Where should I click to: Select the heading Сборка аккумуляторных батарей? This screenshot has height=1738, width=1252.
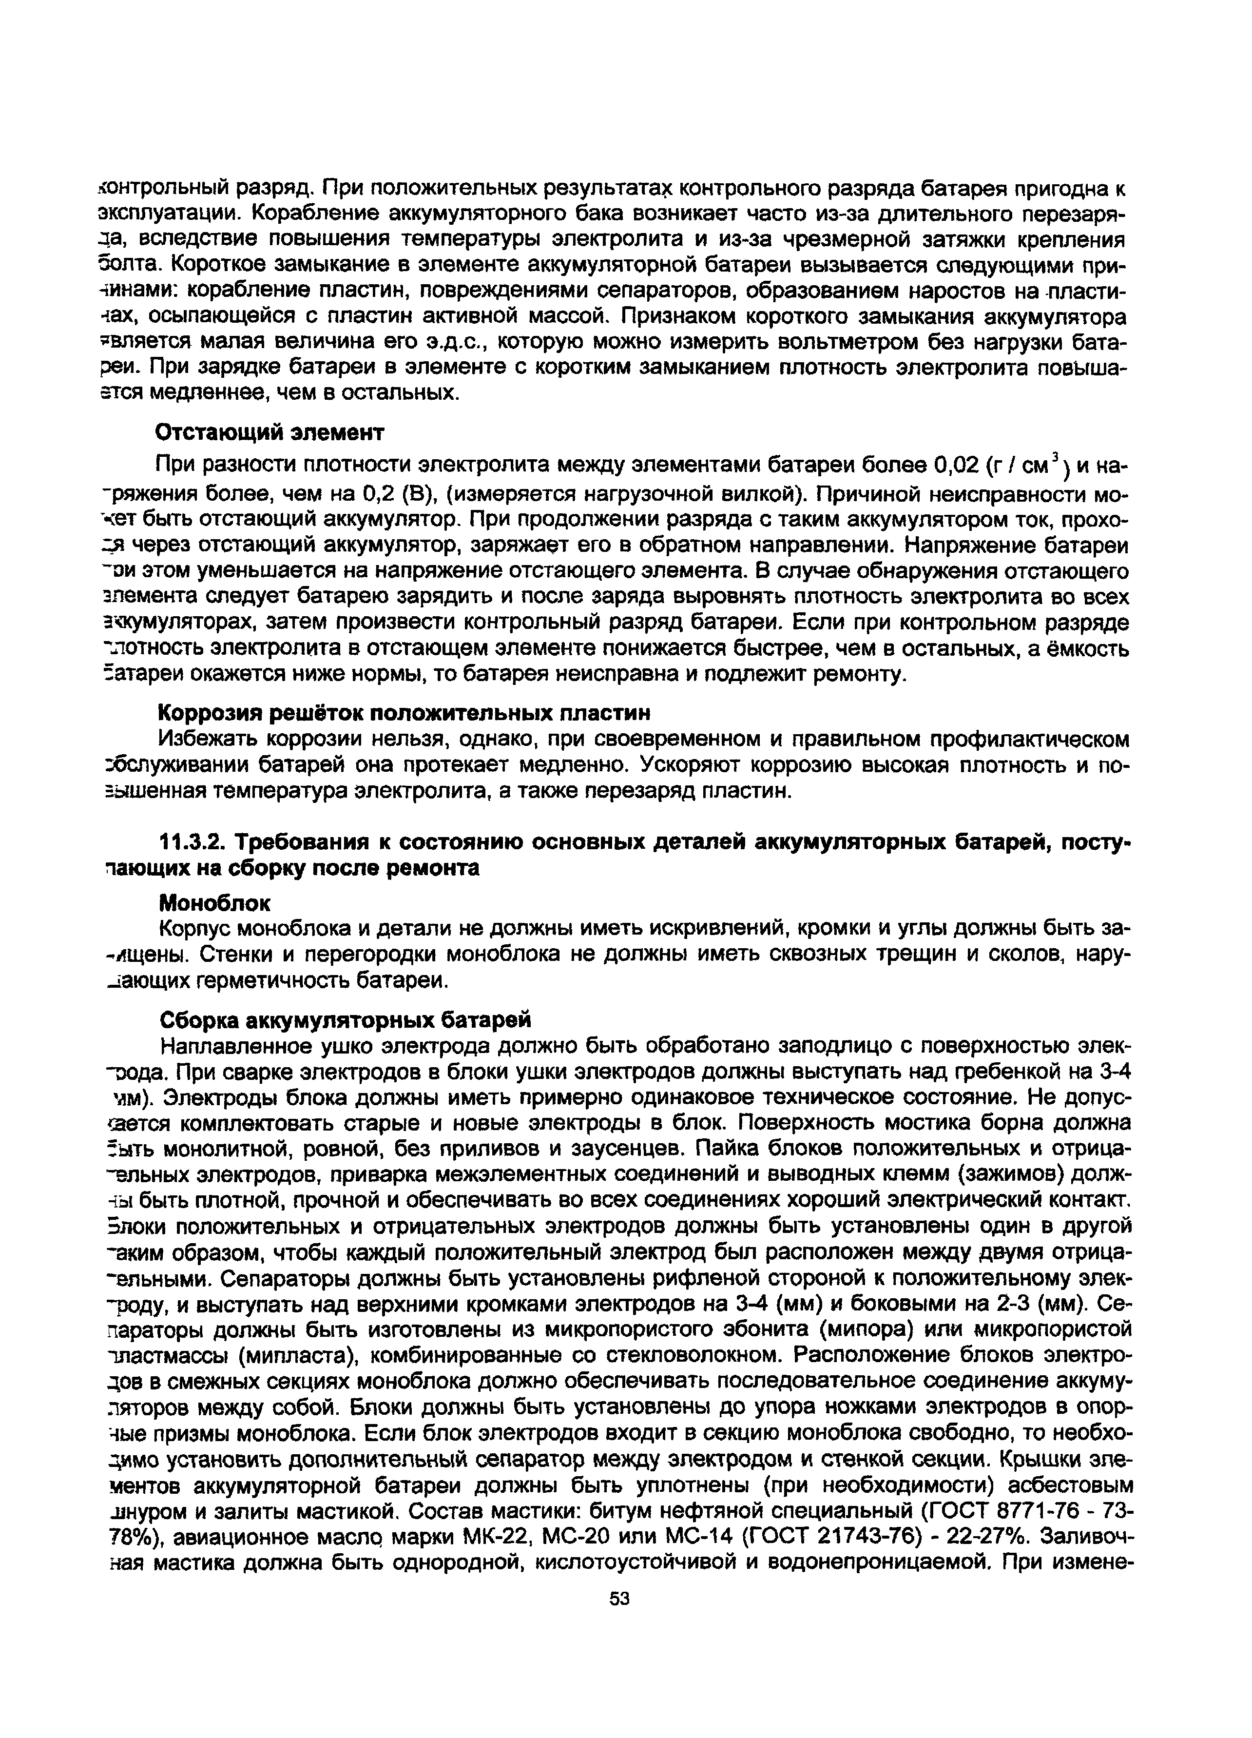click(345, 1021)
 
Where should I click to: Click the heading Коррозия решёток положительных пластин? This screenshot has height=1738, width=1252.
click(404, 713)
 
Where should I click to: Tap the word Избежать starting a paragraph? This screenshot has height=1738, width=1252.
click(207, 740)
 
